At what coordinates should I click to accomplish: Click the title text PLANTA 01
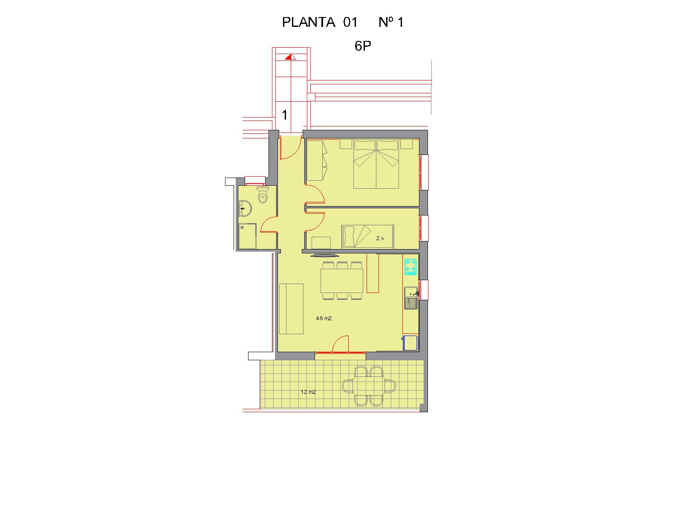(320, 22)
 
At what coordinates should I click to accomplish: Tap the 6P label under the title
(363, 46)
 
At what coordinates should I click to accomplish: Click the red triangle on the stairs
(290, 57)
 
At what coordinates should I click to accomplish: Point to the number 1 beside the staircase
(284, 115)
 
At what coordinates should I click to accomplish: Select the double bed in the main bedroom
(376, 164)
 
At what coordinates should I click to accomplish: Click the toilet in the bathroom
(263, 195)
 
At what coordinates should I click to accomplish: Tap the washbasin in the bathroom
(245, 209)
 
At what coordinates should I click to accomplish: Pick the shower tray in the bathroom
(247, 236)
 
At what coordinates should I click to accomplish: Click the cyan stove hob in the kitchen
(410, 267)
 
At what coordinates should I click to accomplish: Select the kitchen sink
(411, 298)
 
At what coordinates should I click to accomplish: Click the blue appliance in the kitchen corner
(410, 343)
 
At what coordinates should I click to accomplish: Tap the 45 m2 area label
(324, 319)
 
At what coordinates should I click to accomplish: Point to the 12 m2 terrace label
(308, 392)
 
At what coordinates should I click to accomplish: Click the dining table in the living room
(342, 281)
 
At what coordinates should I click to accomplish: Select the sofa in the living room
(291, 309)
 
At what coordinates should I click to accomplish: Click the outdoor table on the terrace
(369, 386)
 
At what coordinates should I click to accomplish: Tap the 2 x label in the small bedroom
(380, 238)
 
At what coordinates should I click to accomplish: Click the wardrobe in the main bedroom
(316, 161)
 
